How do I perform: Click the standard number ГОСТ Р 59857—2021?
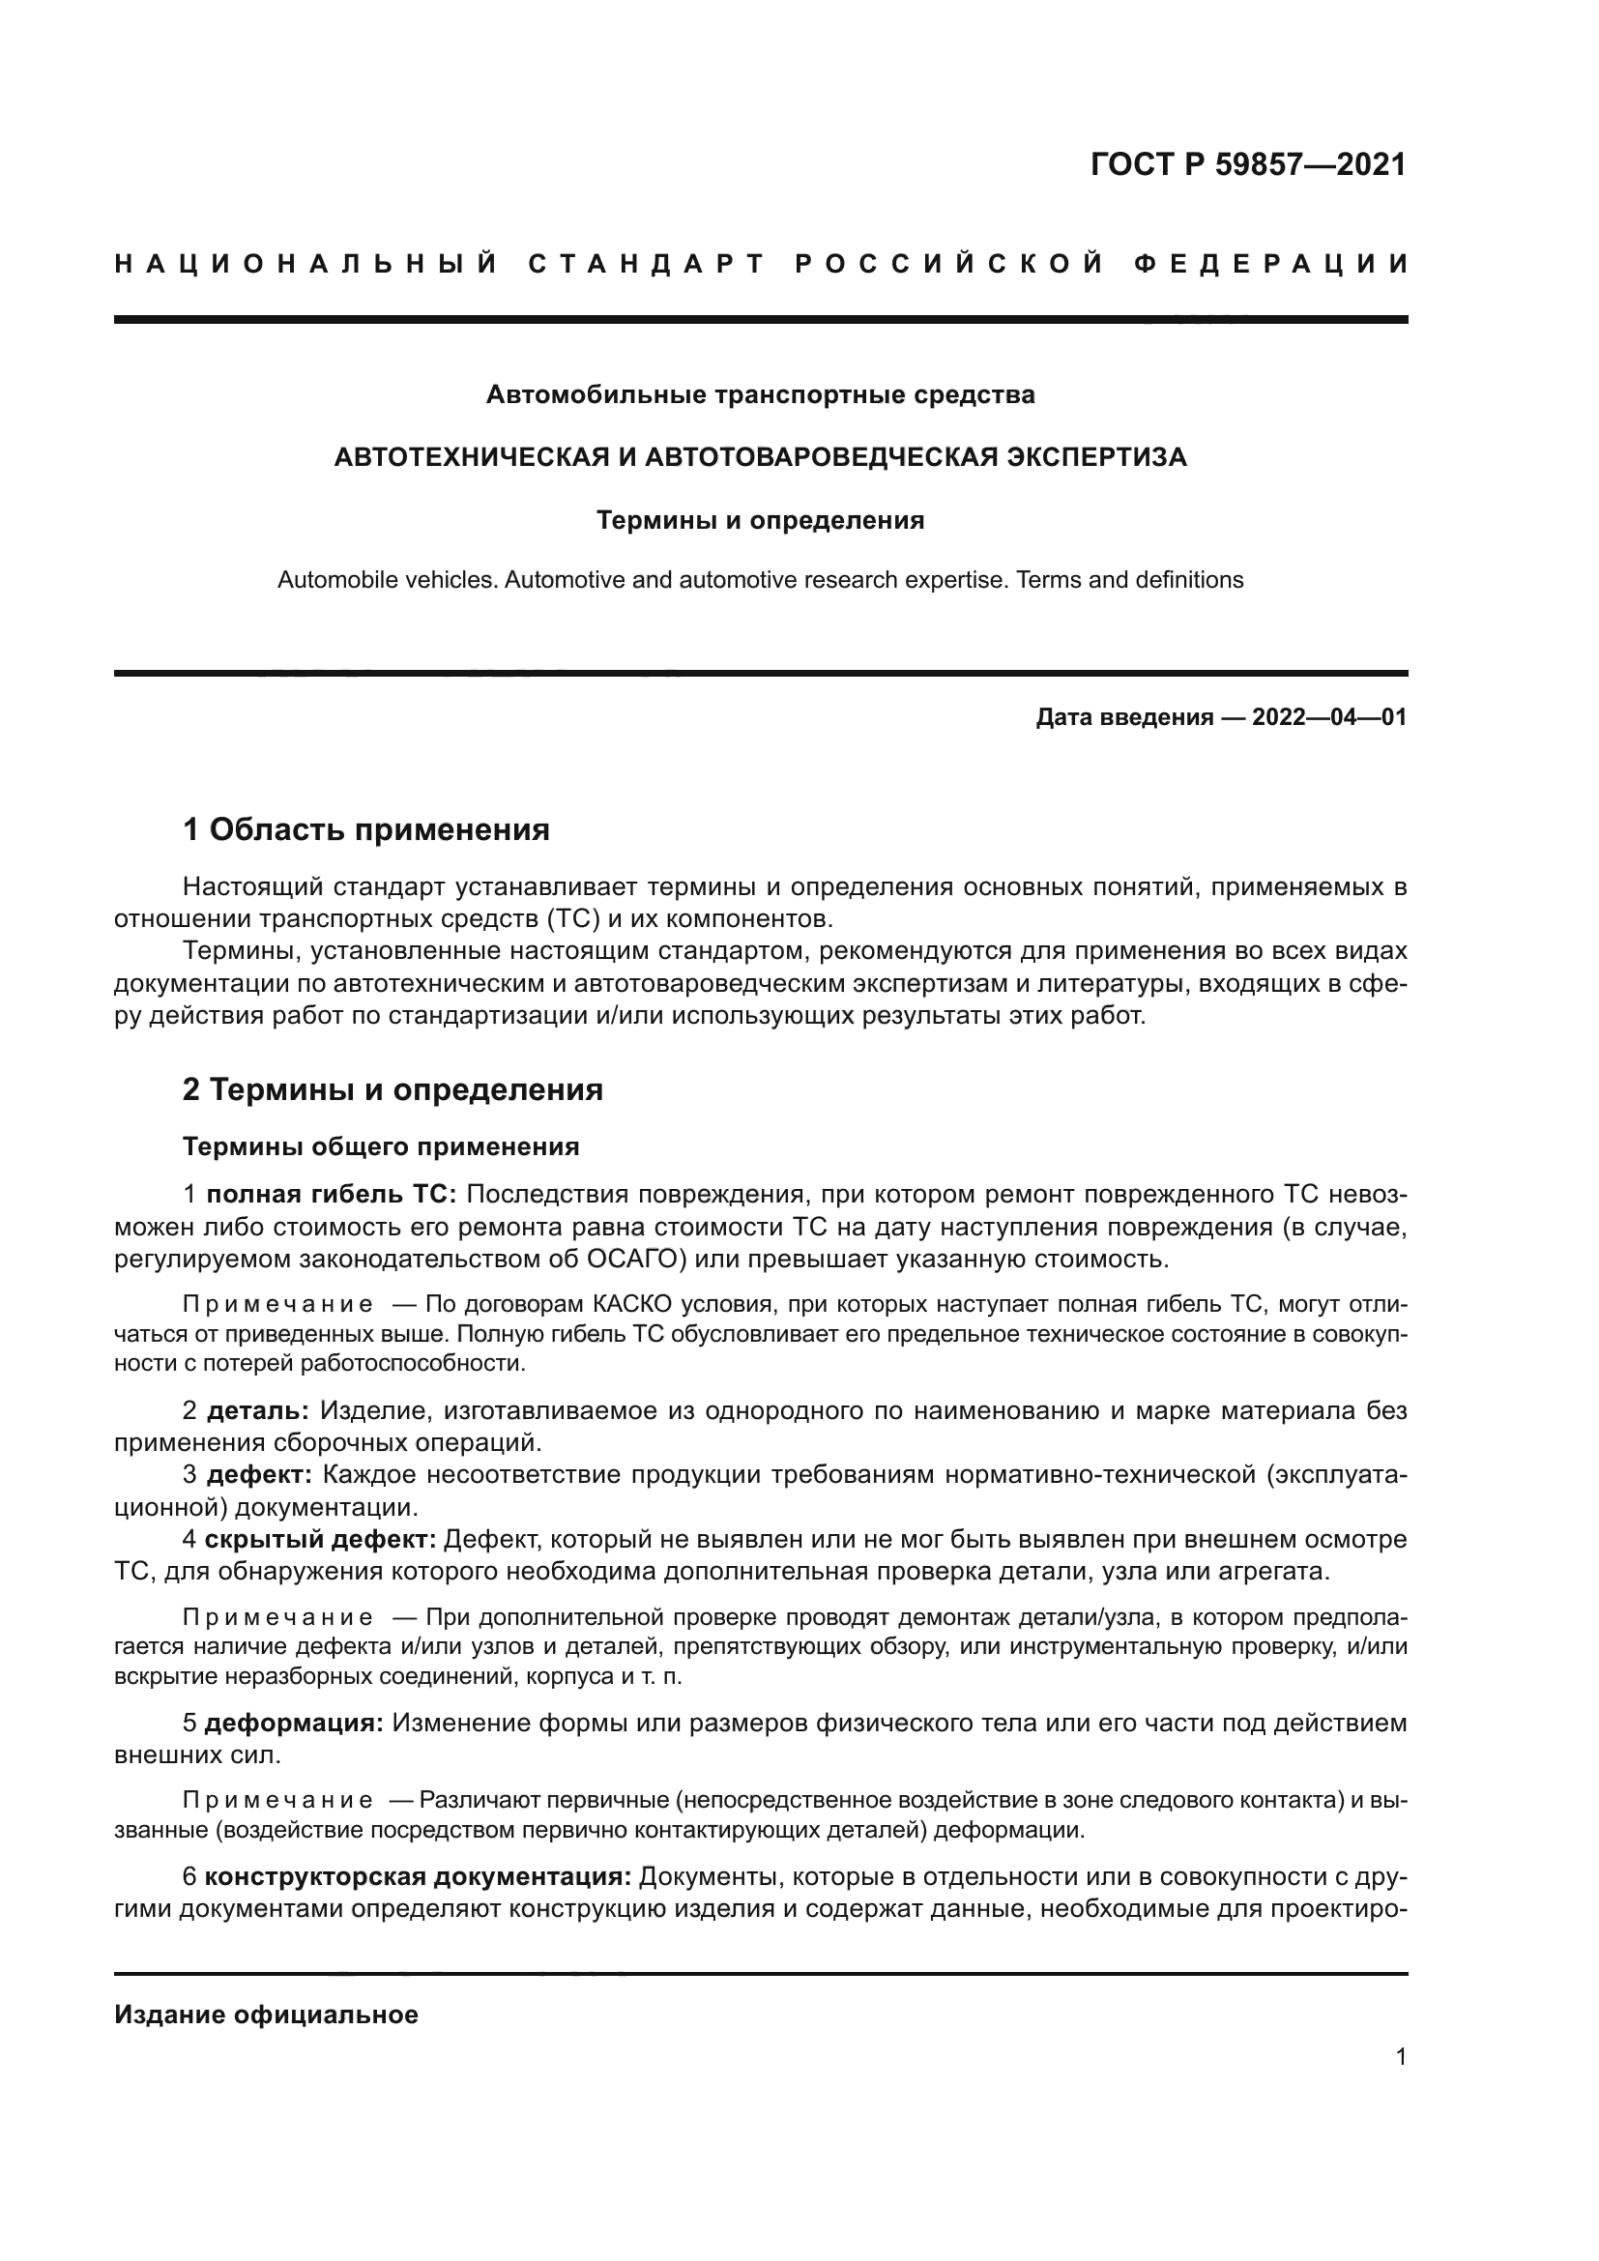point(1247,164)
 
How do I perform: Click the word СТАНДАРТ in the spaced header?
point(646,265)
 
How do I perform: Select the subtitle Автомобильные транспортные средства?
point(760,396)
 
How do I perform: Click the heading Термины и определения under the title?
point(760,521)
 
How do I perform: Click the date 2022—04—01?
point(1328,718)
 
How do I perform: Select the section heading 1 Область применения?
point(366,830)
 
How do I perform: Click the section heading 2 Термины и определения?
point(392,1090)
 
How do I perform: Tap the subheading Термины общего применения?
point(381,1147)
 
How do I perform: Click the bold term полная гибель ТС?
point(331,1196)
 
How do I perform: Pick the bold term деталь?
point(258,1411)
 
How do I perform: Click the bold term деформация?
point(295,1724)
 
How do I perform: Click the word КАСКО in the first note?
point(631,1306)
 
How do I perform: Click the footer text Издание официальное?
point(266,2015)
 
